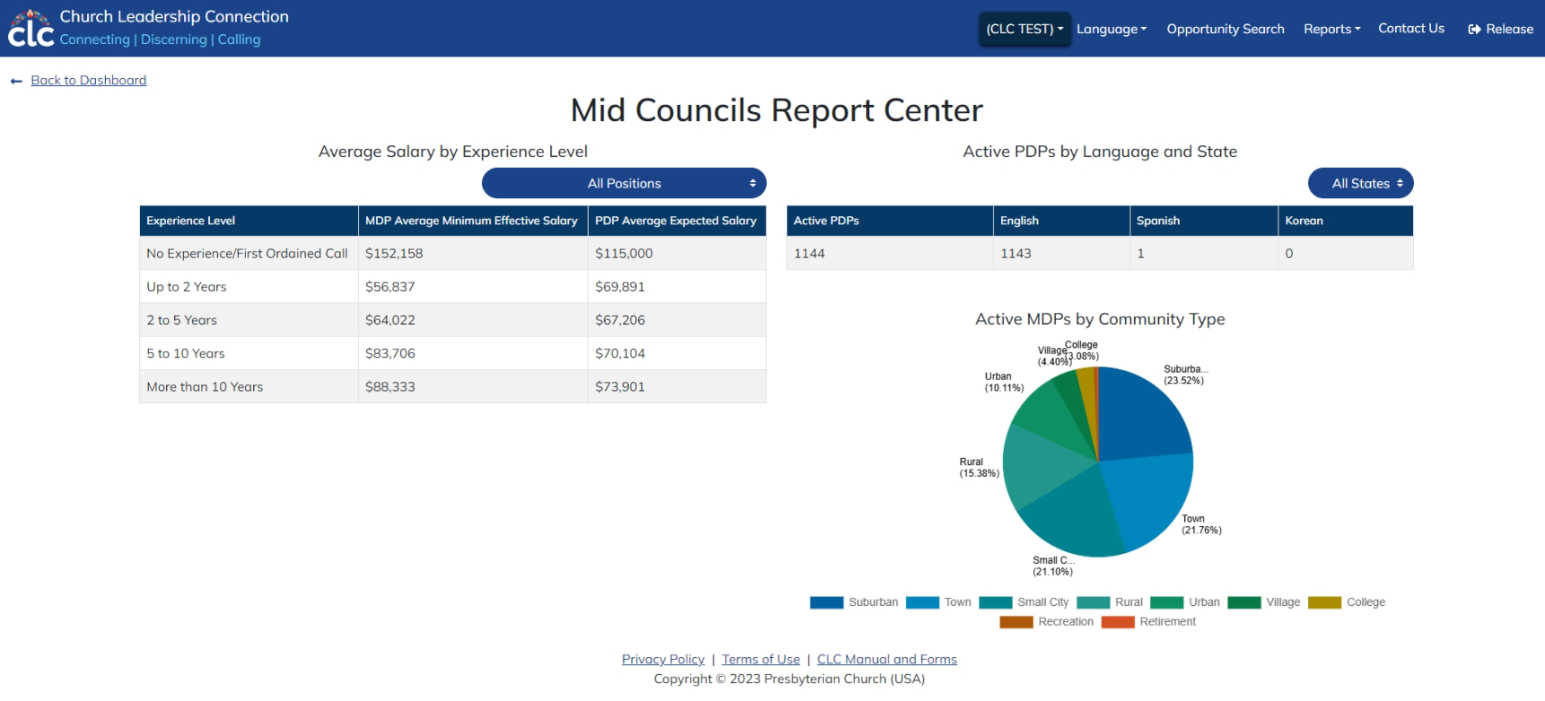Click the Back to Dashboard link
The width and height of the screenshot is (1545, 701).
88,81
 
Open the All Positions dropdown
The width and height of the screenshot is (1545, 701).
624,184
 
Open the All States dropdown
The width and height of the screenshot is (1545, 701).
1360,184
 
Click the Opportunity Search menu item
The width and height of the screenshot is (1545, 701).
1225,29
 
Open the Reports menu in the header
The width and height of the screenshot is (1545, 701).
1331,29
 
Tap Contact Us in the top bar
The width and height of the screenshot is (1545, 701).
1410,29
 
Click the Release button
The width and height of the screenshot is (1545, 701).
1500,29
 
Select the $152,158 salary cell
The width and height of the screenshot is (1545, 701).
394,254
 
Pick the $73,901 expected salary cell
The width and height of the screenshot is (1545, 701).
620,387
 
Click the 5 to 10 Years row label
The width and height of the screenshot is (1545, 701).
186,354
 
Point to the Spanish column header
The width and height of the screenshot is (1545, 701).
1157,221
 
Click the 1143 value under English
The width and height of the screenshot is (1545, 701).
1016,254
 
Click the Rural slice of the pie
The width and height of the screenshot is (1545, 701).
1041,466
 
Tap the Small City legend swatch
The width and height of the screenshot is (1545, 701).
996,602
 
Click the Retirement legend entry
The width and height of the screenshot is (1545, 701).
1167,622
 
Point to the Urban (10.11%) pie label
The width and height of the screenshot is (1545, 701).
1003,383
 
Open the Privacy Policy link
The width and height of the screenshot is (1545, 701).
663,660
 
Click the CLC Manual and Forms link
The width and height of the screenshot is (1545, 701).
886,660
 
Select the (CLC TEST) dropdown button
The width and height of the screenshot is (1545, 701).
1024,29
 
